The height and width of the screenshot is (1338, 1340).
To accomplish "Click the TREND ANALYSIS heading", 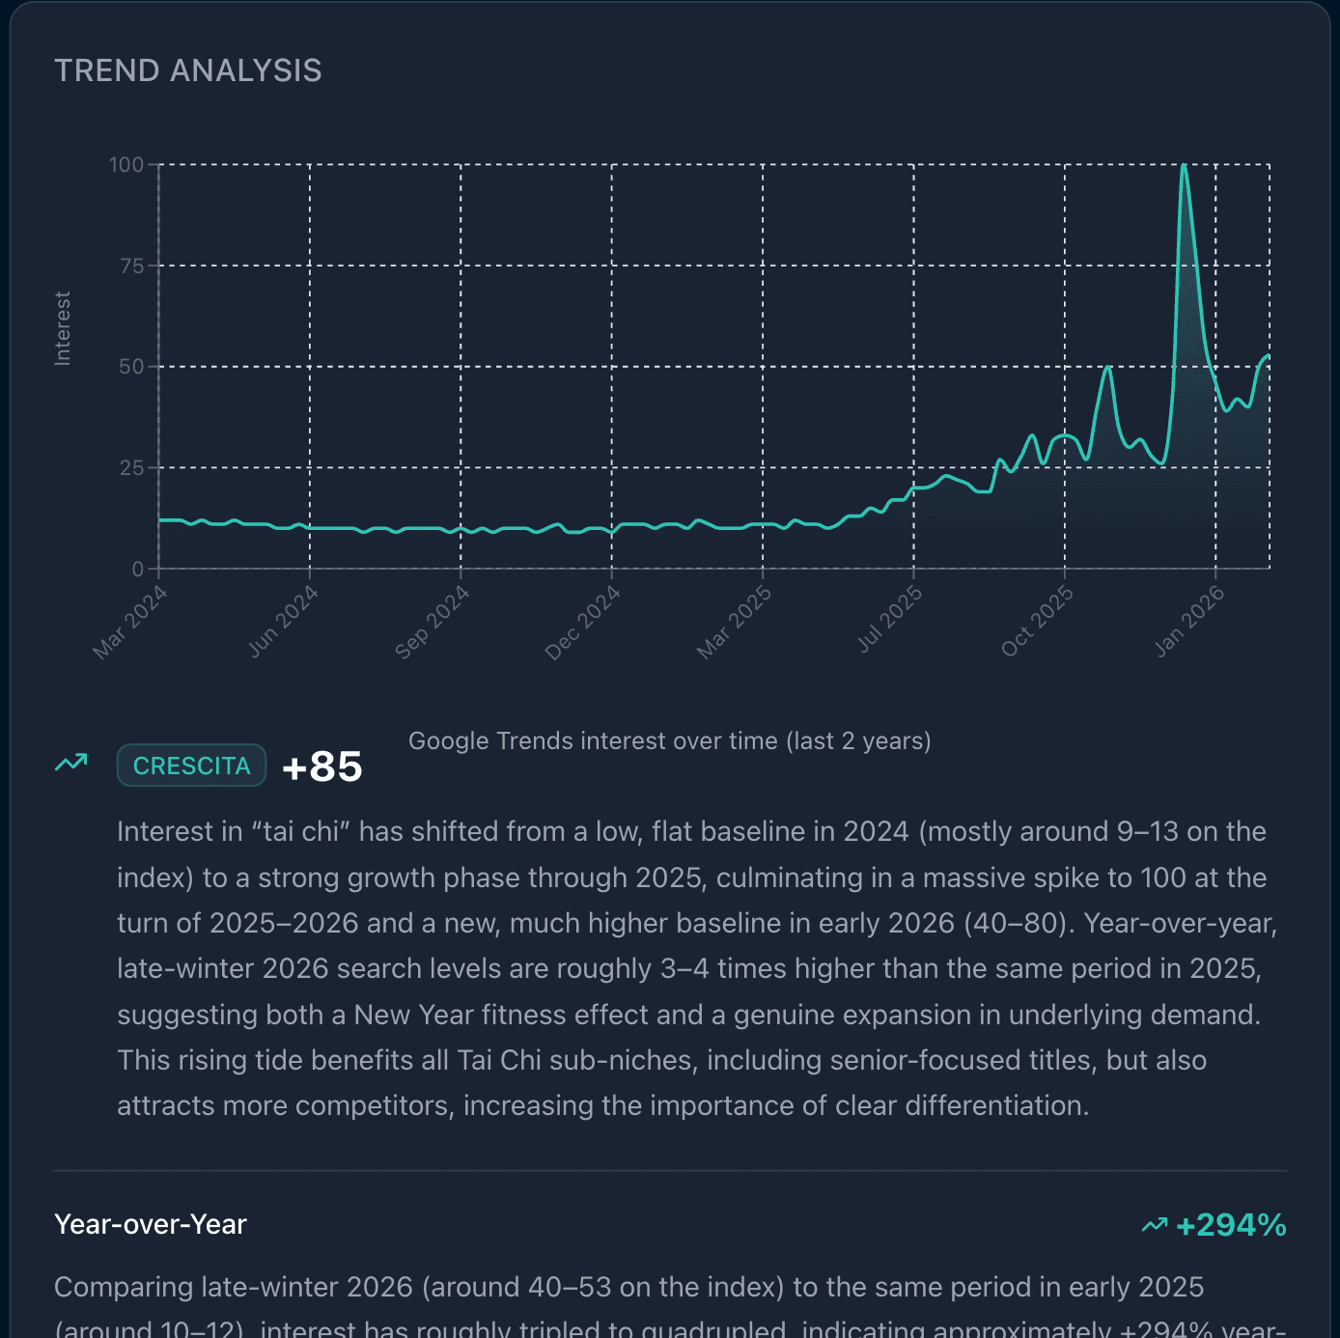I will pos(188,70).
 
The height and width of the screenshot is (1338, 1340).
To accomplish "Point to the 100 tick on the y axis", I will pos(126,165).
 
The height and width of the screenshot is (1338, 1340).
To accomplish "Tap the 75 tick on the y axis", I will pos(132,266).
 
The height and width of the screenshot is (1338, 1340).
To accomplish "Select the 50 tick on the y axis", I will pos(132,367).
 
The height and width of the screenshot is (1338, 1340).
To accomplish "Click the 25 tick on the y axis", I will pos(132,468).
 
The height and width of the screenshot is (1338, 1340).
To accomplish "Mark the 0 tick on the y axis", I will pos(138,570).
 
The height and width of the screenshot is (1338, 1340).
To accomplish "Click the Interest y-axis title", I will pos(63,328).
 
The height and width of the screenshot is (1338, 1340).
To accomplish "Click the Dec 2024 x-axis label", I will pos(583,623).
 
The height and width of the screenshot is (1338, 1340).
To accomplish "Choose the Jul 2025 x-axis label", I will pos(890,619).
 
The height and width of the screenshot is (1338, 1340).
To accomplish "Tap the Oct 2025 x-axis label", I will pos(1038,621).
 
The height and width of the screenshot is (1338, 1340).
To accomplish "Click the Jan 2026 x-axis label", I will pos(1190,621).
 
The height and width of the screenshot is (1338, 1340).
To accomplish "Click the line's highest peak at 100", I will pos(1184,166).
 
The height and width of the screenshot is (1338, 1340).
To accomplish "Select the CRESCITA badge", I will pos(191,766).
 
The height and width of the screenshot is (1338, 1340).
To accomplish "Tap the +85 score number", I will pos(322,767).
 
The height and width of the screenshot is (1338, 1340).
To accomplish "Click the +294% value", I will pos(1231,1225).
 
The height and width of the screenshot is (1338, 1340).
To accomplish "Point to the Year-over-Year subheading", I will pos(151,1224).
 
